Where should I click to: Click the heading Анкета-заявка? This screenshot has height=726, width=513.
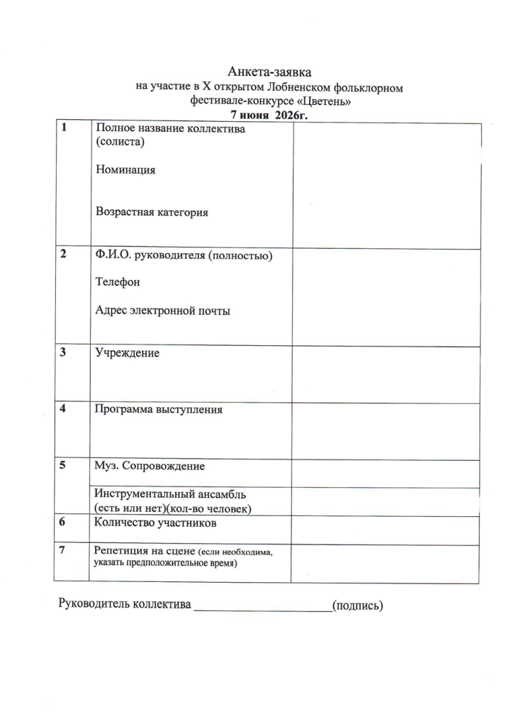[x=269, y=72]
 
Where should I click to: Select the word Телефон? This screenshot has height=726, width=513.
[x=118, y=282]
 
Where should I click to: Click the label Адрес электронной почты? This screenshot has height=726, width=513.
[x=163, y=311]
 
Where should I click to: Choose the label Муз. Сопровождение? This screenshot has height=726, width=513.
[x=150, y=467]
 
